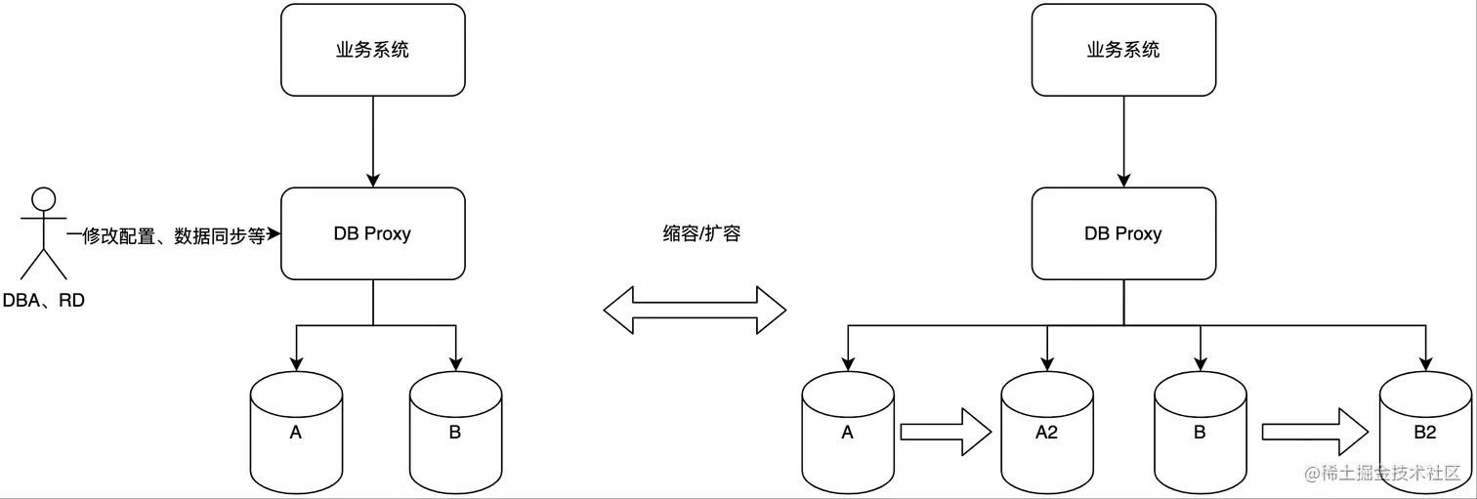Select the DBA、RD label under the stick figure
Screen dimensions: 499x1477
point(44,301)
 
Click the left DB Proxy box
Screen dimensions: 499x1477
point(373,233)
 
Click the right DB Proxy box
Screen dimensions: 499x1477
point(1123,233)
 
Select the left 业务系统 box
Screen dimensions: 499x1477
point(373,50)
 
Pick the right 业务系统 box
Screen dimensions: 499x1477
point(1123,50)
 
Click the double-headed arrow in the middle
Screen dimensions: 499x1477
point(695,311)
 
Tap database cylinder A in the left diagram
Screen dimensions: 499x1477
point(296,432)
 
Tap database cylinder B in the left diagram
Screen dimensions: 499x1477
point(455,432)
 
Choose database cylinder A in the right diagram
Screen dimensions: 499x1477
point(848,432)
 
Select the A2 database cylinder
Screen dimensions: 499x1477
point(1047,432)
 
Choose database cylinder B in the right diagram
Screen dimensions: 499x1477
point(1201,432)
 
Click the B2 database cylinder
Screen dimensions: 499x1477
point(1424,432)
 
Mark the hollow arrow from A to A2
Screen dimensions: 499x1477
point(945,432)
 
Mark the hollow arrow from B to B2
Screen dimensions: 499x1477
point(1313,432)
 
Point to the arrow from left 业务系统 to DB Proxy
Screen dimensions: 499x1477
point(373,142)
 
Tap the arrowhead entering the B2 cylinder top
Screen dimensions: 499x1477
point(1424,363)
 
